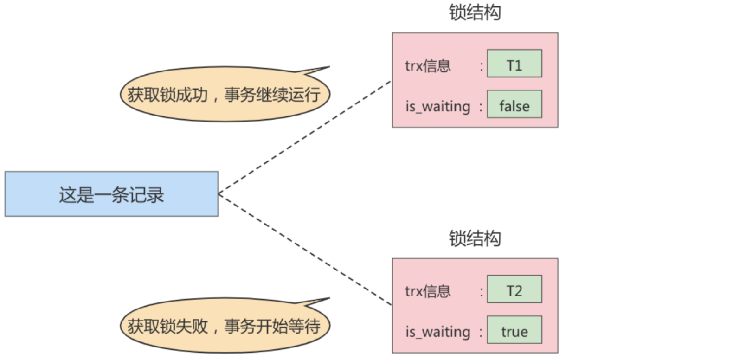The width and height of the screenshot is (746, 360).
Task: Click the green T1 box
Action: pyautogui.click(x=514, y=64)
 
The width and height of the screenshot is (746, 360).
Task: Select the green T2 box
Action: pyautogui.click(x=514, y=289)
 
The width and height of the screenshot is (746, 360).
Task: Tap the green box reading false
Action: pyautogui.click(x=514, y=104)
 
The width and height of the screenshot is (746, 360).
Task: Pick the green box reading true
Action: pyautogui.click(x=514, y=330)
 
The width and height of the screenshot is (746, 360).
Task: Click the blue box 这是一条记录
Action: pyautogui.click(x=111, y=194)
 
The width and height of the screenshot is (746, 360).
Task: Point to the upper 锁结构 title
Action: pyautogui.click(x=475, y=13)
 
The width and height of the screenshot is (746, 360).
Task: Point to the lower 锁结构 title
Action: pyautogui.click(x=475, y=238)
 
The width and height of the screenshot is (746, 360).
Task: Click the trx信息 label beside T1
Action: pyautogui.click(x=428, y=66)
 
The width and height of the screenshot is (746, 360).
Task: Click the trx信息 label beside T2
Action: pyautogui.click(x=428, y=291)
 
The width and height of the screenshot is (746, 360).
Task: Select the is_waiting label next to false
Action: pyautogui.click(x=437, y=107)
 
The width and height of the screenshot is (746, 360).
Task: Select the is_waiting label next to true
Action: pyautogui.click(x=437, y=332)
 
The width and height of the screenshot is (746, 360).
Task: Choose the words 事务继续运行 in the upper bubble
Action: pyautogui.click(x=272, y=95)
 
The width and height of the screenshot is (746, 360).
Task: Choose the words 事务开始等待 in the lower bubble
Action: pyautogui.click(x=272, y=326)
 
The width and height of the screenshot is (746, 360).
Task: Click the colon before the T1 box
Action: pyautogui.click(x=481, y=66)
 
